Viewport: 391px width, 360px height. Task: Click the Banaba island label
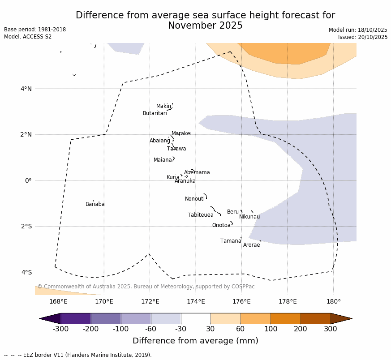click(95, 204)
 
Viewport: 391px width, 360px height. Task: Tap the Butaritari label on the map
click(155, 113)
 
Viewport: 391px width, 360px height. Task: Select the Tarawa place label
click(176, 149)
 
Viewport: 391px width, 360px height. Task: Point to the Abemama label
click(197, 172)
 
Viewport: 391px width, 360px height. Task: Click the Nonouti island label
click(194, 199)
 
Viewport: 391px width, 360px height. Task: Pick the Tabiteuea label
click(200, 215)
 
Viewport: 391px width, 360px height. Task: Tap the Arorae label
click(251, 245)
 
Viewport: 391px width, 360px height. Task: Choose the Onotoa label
click(221, 225)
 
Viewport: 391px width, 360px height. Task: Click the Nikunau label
click(249, 217)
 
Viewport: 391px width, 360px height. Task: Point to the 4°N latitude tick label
click(26, 89)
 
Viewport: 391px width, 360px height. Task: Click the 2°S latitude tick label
click(26, 226)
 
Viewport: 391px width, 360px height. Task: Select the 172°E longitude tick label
click(150, 301)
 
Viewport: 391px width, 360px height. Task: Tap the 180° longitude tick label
click(333, 301)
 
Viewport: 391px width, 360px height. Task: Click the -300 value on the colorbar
click(60, 330)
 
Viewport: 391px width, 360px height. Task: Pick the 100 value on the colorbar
click(271, 330)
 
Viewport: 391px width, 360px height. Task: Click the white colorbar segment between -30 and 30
click(196, 318)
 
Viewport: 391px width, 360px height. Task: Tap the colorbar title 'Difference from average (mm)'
click(195, 341)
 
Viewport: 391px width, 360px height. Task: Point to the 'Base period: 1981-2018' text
click(35, 30)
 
